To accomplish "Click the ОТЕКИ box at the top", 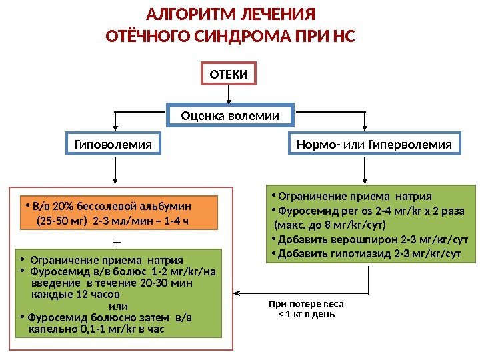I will [x=229, y=75].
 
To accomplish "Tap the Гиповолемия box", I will [x=113, y=143].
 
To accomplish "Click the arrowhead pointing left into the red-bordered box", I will [x=236, y=293].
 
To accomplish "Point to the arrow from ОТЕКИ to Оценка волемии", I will [x=229, y=95].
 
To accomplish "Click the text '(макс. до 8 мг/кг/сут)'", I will [x=329, y=225].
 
